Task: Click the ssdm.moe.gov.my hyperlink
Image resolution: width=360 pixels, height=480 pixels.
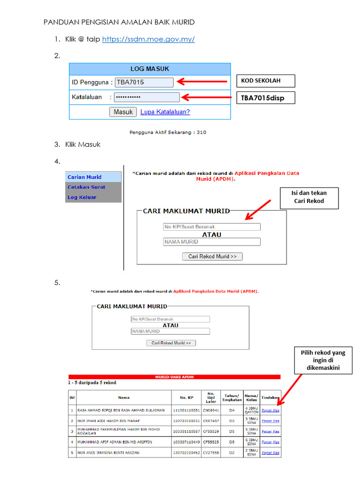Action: [148, 39]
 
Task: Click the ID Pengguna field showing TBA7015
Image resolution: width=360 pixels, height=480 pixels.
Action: [144, 82]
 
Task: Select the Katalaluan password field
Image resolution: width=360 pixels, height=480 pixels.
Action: [147, 97]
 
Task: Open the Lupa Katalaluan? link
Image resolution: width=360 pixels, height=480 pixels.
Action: [165, 112]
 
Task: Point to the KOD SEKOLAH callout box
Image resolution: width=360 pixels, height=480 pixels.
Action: [265, 81]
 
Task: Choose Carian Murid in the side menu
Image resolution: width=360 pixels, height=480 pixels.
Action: [93, 177]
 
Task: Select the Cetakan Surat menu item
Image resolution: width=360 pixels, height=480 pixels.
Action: [93, 187]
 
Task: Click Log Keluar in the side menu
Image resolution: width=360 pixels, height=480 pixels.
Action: [93, 197]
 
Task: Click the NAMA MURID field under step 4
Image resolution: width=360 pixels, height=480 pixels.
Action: [211, 242]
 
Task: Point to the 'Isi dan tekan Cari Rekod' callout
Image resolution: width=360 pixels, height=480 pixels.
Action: [309, 197]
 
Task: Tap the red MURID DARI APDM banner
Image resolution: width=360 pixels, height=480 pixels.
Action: [174, 377]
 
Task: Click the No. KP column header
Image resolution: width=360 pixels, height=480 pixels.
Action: [186, 397]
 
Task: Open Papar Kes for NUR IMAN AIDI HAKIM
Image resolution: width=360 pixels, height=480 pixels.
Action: [270, 421]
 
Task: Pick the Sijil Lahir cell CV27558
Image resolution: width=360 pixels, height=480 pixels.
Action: [210, 453]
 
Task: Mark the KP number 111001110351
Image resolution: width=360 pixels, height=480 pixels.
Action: [186, 410]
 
